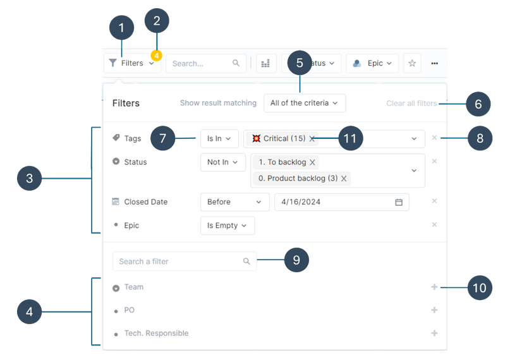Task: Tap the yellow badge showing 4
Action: coord(156,56)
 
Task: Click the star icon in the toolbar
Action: coord(412,63)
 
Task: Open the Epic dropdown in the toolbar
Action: coord(372,63)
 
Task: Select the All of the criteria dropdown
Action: coord(304,103)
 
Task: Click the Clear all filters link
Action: coord(411,103)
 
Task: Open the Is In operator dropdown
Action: coord(219,138)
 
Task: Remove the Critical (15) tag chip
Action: coord(312,139)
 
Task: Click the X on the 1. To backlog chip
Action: coord(312,162)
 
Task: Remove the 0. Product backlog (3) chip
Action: coord(344,179)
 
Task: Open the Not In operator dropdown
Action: coord(222,162)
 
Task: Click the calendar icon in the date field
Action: coord(399,202)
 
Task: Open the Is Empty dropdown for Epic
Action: coord(227,225)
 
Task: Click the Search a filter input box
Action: coord(179,261)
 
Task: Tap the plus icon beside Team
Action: coord(434,287)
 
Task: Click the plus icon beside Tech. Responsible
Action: coord(434,333)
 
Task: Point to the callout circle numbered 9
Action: coord(296,260)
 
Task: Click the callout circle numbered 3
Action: coord(29,179)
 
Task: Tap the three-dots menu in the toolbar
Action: coord(435,63)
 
